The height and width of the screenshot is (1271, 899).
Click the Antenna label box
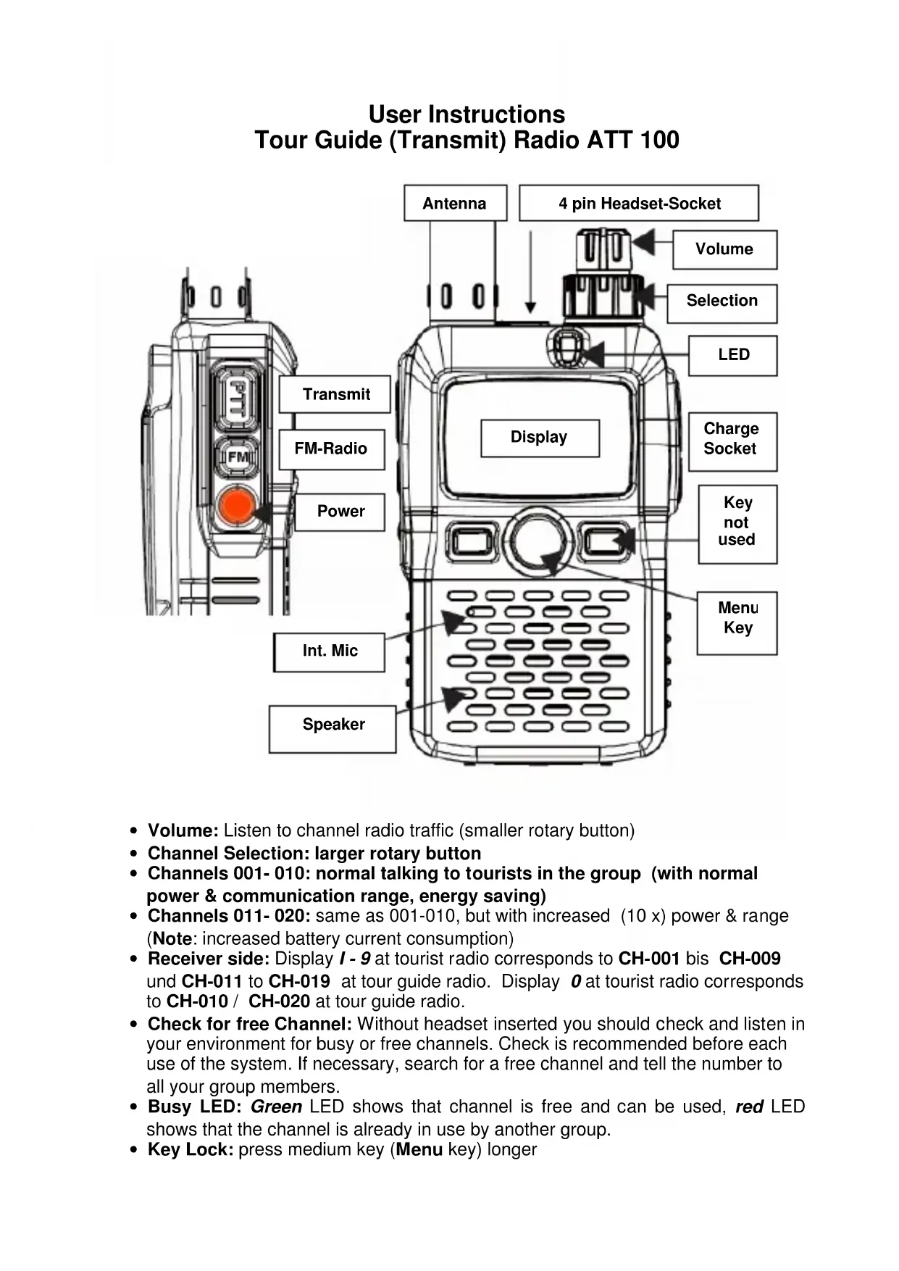pos(455,203)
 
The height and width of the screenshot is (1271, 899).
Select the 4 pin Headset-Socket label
pos(639,203)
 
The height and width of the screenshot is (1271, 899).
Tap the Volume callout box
pos(724,249)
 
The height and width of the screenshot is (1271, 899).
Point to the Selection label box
pos(722,301)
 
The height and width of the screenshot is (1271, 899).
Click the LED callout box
pos(733,354)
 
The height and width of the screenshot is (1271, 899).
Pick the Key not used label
pos(737,522)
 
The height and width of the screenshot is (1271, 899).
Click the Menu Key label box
pos(737,618)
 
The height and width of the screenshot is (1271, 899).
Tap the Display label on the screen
pos(540,437)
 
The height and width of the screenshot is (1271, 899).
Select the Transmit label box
pos(335,394)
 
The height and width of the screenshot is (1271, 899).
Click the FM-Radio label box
pos(331,449)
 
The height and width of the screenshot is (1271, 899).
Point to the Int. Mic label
pos(330,651)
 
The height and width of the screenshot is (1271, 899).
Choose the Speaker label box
pos(333,725)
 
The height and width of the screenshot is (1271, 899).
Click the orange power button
pos(236,507)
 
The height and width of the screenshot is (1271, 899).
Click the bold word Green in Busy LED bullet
pos(276,1107)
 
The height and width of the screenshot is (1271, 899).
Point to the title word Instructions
pos(496,114)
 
